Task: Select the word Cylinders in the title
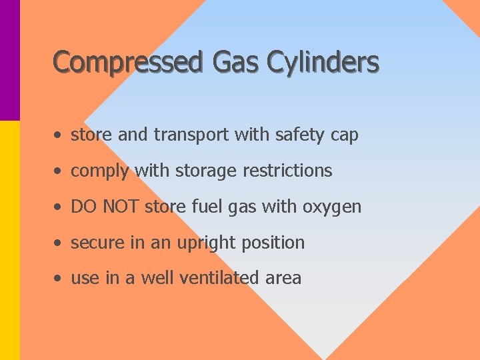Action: pyautogui.click(x=323, y=63)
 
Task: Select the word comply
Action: pyautogui.click(x=100, y=171)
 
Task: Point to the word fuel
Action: pyautogui.click(x=203, y=207)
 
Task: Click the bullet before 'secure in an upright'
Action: pyautogui.click(x=60, y=243)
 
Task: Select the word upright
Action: pyautogui.click(x=208, y=243)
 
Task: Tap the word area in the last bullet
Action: pyautogui.click(x=283, y=279)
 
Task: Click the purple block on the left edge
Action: pyautogui.click(x=9, y=60)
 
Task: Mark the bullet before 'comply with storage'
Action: pyautogui.click(x=60, y=171)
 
